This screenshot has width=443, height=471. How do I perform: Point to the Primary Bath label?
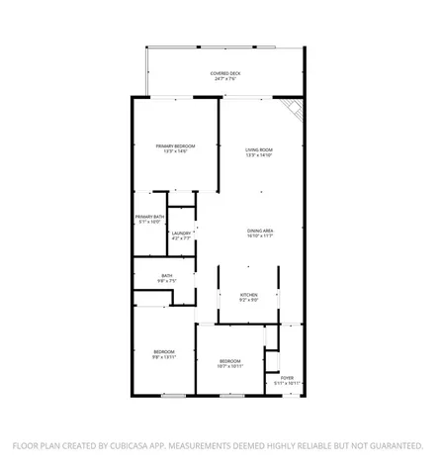point(149,216)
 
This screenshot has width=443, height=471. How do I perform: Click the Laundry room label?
point(181,234)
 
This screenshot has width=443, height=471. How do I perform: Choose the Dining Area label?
point(260,232)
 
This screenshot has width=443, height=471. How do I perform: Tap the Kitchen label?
point(249,294)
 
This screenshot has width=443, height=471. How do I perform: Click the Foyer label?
point(287,377)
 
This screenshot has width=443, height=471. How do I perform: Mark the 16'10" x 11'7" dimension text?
point(260,237)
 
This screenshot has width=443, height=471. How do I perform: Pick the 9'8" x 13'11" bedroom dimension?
point(164,358)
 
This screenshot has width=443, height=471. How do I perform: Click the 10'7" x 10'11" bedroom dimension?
point(230,366)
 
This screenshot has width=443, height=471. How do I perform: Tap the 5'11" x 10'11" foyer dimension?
point(287,383)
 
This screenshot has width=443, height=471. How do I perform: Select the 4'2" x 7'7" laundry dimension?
point(181,239)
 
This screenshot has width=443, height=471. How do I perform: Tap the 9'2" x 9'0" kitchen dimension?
point(249,300)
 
